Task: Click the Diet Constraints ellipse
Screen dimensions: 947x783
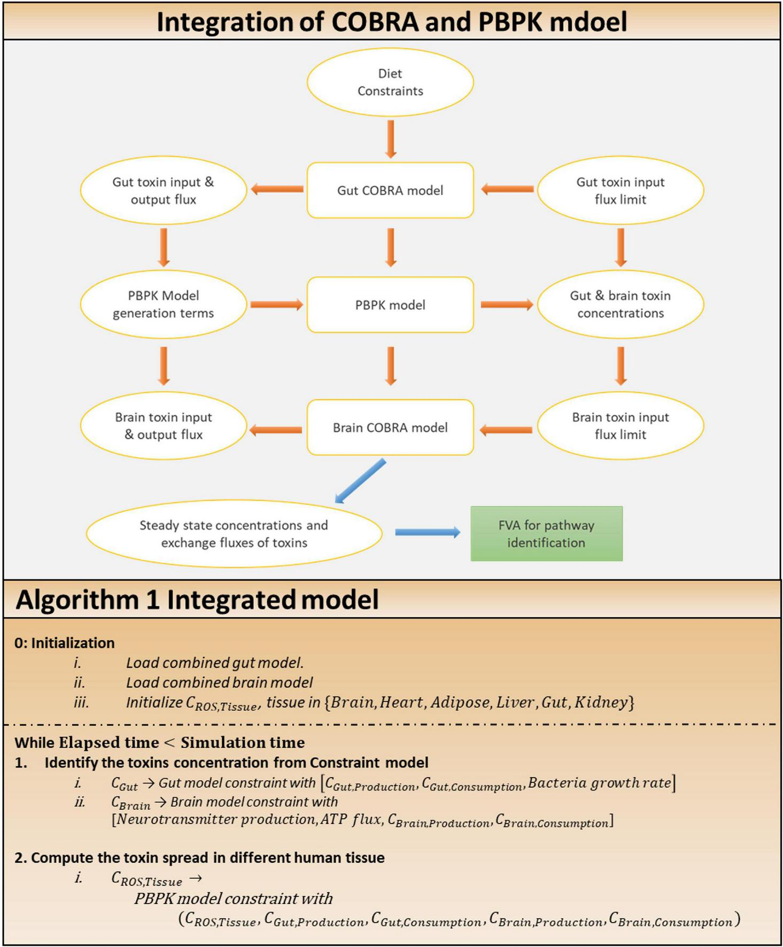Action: click(x=390, y=82)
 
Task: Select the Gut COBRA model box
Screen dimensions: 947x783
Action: click(x=390, y=190)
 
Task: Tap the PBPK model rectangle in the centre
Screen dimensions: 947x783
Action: click(x=390, y=305)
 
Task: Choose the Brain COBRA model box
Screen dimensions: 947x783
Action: click(x=390, y=428)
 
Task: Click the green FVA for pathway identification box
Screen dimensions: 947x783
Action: click(x=546, y=534)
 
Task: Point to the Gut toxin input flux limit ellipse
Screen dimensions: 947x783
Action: click(x=620, y=190)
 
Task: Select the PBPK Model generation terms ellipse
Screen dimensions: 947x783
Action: click(x=163, y=304)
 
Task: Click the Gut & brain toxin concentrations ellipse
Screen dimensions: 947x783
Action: click(x=620, y=304)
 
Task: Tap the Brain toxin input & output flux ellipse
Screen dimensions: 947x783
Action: click(x=163, y=426)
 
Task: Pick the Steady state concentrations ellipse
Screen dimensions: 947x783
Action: click(x=234, y=534)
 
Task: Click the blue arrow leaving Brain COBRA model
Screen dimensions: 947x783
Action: click(x=361, y=481)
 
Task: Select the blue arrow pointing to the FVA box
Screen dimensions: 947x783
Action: click(x=428, y=532)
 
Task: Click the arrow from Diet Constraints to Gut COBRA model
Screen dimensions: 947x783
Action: click(x=391, y=139)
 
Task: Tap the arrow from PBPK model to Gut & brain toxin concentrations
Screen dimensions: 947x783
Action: click(x=506, y=305)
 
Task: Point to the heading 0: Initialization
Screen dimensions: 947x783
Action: click(x=65, y=643)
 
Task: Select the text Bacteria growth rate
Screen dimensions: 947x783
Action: click(x=599, y=783)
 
